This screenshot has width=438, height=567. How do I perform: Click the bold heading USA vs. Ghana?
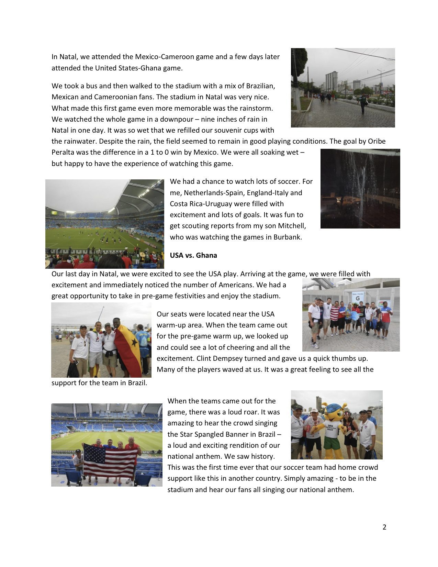[193, 255]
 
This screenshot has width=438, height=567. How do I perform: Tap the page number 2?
[384, 527]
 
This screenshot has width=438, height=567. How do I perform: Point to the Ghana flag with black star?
[131, 347]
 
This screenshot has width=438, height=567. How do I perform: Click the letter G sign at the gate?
[358, 299]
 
